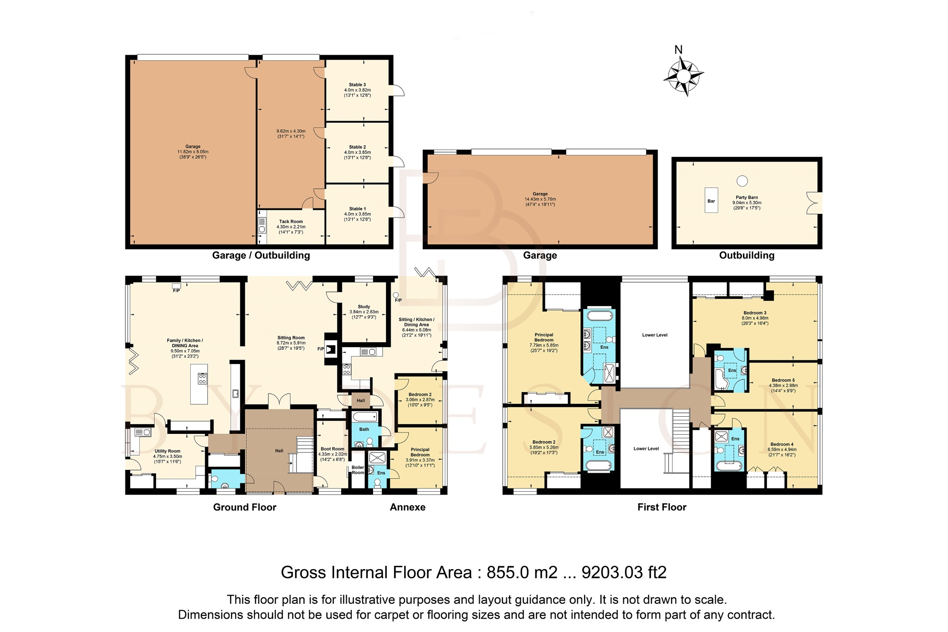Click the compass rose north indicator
tap(683, 75)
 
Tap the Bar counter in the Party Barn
tap(711, 200)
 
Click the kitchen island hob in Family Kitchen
tap(202, 379)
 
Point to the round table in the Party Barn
tap(742, 181)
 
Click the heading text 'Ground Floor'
tap(244, 507)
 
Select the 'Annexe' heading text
tap(407, 507)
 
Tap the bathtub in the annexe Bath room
tap(364, 418)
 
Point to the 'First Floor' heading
tap(661, 507)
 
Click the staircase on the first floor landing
tap(681, 426)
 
